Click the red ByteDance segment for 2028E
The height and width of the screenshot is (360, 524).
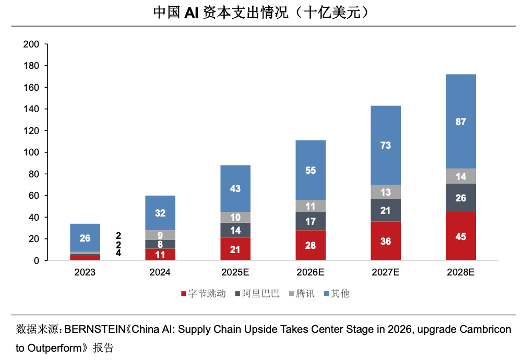pos(461,236)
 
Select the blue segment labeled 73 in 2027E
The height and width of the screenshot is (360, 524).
pos(386,145)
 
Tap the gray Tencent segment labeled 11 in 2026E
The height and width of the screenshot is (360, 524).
pos(311,206)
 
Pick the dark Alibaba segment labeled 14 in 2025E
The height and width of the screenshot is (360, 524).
pos(235,230)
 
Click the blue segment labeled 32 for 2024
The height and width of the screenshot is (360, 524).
pos(160,213)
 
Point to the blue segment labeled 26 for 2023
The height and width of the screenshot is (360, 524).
pos(85,238)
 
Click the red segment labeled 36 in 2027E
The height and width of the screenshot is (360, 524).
pos(386,241)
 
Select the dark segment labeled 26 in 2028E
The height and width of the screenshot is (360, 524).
pos(461,198)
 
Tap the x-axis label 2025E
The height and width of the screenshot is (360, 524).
pos(235,272)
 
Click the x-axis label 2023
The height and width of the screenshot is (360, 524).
pos(85,272)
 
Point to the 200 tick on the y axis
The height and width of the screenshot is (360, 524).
pos(31,44)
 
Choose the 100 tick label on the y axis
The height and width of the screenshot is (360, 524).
pos(31,152)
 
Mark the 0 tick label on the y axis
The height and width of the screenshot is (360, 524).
pos(37,260)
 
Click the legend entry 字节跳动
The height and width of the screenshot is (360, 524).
pos(204,294)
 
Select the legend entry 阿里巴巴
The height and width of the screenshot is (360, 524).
pos(257,294)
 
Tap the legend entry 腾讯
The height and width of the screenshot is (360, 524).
pos(302,294)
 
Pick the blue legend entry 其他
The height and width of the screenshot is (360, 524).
pos(337,294)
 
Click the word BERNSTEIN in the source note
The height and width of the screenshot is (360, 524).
pos(94,329)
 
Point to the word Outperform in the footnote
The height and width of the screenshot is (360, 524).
pos(54,348)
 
